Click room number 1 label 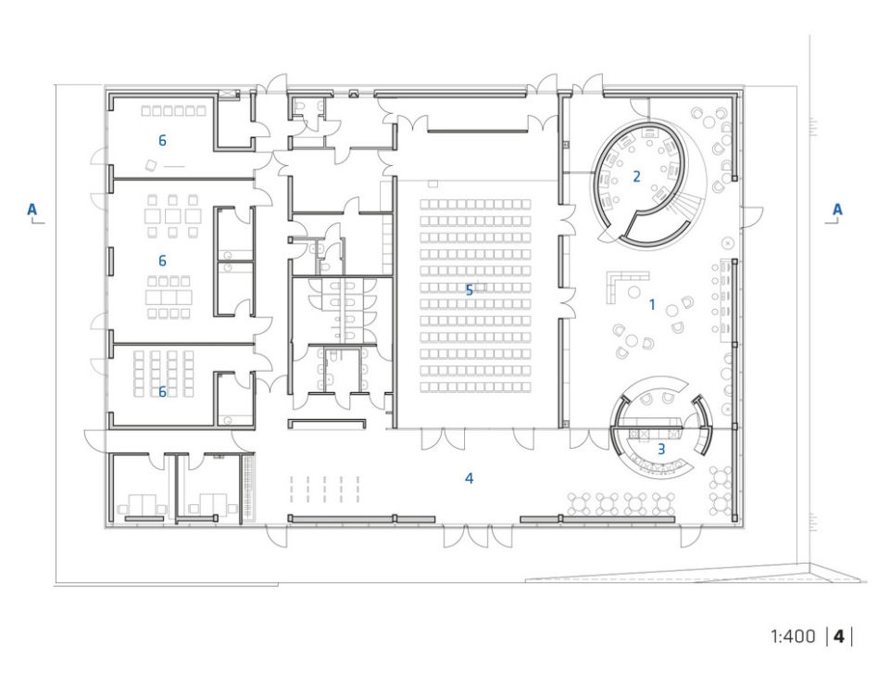[652, 305]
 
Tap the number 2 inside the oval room [636, 176]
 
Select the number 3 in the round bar [661, 449]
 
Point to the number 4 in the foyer [470, 478]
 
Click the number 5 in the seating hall [470, 290]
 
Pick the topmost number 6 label [162, 140]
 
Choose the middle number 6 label [162, 260]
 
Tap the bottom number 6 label [162, 391]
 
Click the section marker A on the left [31, 210]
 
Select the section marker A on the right [837, 210]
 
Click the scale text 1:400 [793, 636]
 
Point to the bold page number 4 [838, 636]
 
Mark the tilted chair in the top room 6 [151, 165]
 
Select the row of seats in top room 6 [173, 111]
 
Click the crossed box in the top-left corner [227, 95]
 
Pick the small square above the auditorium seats [433, 184]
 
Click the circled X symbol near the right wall [727, 243]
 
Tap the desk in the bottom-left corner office [143, 503]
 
